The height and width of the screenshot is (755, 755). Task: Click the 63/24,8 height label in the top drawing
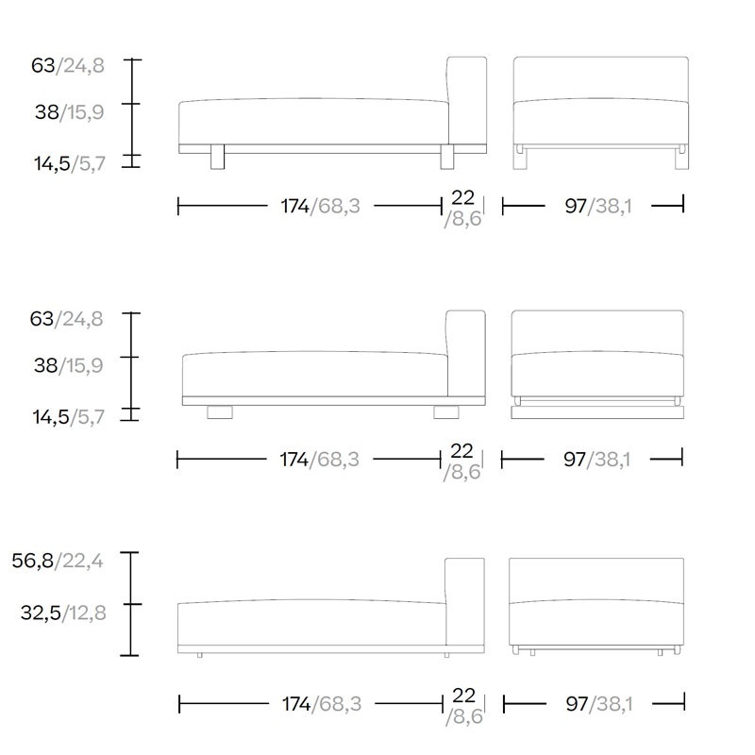coord(68,65)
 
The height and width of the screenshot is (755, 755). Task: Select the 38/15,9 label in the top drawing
coord(69,112)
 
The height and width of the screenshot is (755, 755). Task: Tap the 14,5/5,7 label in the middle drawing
coord(68,417)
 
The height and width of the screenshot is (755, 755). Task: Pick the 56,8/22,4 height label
coord(58,561)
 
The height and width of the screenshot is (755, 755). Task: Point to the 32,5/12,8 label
coord(63,612)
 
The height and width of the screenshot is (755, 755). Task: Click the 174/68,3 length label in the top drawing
coord(320,206)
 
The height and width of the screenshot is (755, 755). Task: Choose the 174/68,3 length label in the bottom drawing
coord(322,704)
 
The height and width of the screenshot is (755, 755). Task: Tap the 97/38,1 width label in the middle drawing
coord(597,460)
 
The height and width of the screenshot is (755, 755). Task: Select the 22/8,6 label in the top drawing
coord(462,208)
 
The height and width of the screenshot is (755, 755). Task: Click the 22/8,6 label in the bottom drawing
coord(464,706)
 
